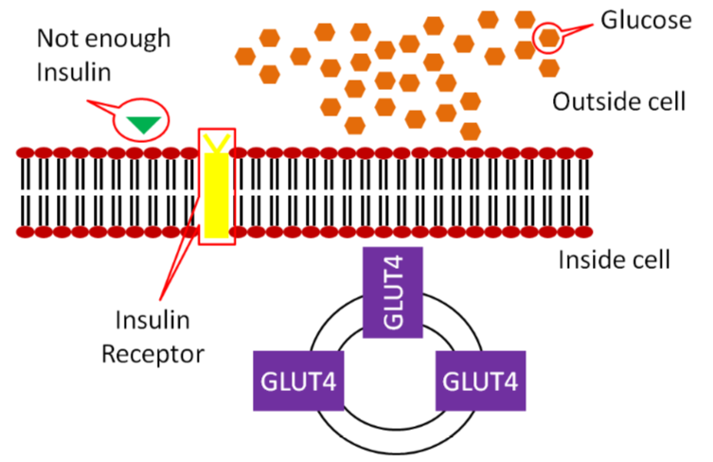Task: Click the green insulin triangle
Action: pyautogui.click(x=144, y=123)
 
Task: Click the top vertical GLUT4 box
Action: pyautogui.click(x=392, y=293)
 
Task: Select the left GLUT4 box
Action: pyautogui.click(x=298, y=382)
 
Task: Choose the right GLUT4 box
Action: pyautogui.click(x=479, y=382)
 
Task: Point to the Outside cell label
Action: pyautogui.click(x=617, y=102)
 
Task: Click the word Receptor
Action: pyautogui.click(x=153, y=354)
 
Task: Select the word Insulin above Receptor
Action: pyautogui.click(x=154, y=321)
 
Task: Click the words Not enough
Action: pyautogui.click(x=102, y=39)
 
